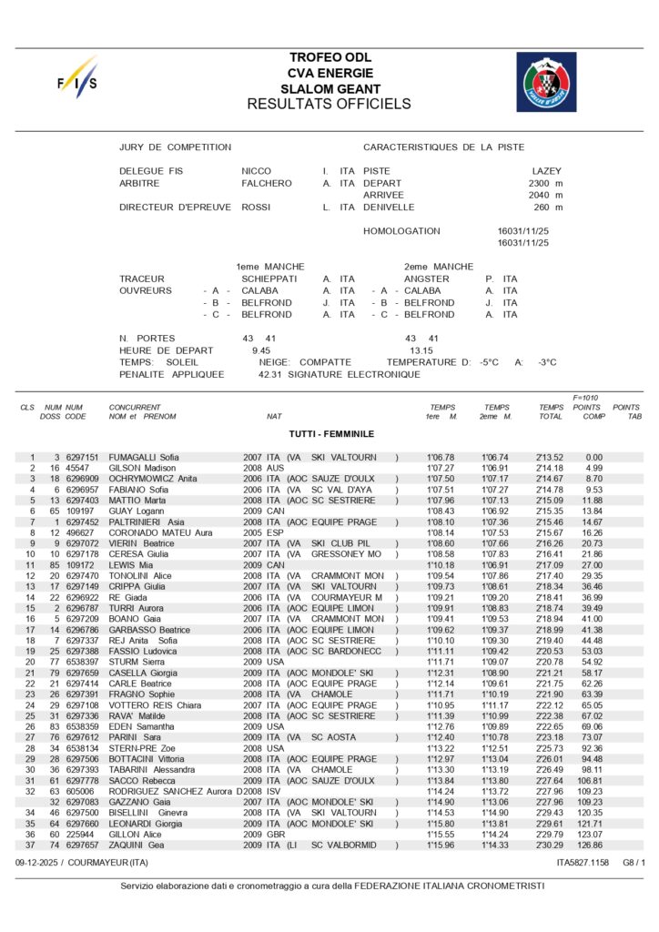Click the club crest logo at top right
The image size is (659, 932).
(x=546, y=82)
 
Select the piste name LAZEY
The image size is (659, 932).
(x=547, y=171)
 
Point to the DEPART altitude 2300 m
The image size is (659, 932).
(x=545, y=183)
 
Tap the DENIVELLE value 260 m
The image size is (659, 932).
(x=549, y=208)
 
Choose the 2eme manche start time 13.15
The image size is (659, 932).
(x=421, y=349)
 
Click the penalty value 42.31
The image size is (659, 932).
(x=272, y=374)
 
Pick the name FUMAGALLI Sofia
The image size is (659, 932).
(x=145, y=458)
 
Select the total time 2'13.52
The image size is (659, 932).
(x=550, y=458)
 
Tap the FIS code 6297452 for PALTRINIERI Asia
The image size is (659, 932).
(x=82, y=522)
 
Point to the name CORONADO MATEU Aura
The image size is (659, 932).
(x=161, y=533)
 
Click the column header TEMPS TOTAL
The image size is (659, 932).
(x=551, y=411)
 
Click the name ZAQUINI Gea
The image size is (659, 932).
(x=137, y=845)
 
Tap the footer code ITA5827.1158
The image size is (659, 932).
(x=583, y=861)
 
